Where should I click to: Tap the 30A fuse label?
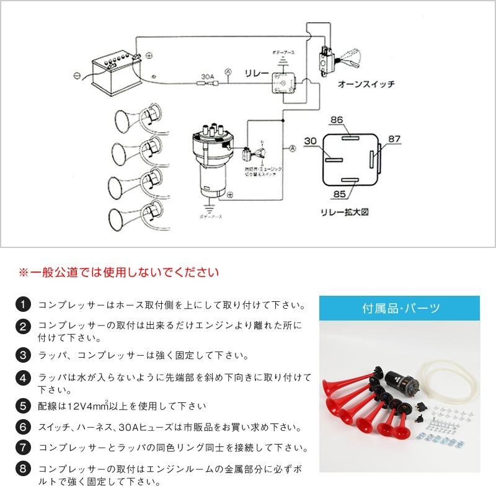208,79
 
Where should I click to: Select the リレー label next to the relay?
258,74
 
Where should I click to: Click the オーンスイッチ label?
366,83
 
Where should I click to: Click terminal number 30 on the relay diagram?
311,141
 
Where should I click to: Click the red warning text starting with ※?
118,272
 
